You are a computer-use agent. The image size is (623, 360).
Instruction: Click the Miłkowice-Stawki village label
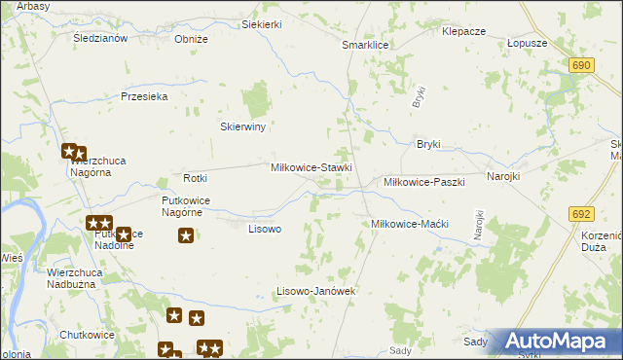[x=311, y=168]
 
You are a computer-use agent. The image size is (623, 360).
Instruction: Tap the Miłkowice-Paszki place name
[x=424, y=182]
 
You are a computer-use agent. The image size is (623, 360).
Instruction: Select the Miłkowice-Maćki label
[x=409, y=224]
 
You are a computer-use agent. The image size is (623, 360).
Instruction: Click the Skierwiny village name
[x=243, y=126]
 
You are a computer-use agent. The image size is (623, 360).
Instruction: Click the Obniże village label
[x=191, y=39]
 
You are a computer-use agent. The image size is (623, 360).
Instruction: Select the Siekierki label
[x=261, y=23]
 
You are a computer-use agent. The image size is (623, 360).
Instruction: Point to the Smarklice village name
[x=365, y=46]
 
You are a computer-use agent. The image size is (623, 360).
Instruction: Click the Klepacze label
[x=463, y=31]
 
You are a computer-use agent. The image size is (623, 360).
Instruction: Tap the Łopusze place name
[x=528, y=44]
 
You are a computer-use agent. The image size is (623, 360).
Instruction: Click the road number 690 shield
[x=582, y=64]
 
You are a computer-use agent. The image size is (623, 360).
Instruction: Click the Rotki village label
[x=197, y=178]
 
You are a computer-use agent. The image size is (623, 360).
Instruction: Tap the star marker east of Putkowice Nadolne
[x=186, y=234]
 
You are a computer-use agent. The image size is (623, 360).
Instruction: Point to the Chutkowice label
[x=87, y=335]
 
